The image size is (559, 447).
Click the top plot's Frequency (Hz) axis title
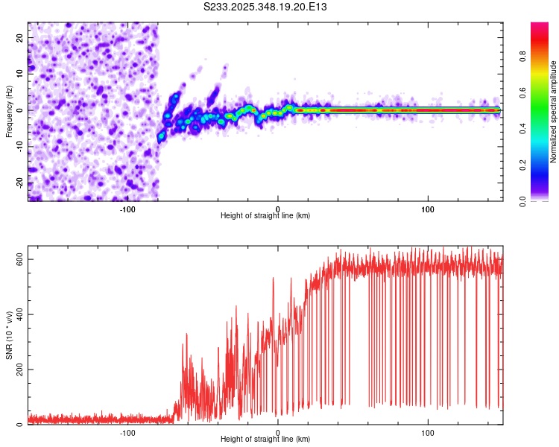(x=9, y=110)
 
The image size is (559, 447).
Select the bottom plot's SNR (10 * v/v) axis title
(x=9, y=337)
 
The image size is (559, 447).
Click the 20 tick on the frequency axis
(x=21, y=37)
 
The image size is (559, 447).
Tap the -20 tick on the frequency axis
(x=21, y=183)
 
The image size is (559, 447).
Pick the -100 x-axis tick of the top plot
(x=127, y=209)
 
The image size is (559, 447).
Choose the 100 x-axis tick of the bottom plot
(x=428, y=433)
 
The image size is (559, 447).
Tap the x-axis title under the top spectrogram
(x=265, y=216)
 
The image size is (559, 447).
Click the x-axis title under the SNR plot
(x=265, y=440)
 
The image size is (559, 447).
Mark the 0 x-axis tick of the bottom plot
(x=278, y=433)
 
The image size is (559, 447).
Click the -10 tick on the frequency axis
(x=21, y=147)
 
